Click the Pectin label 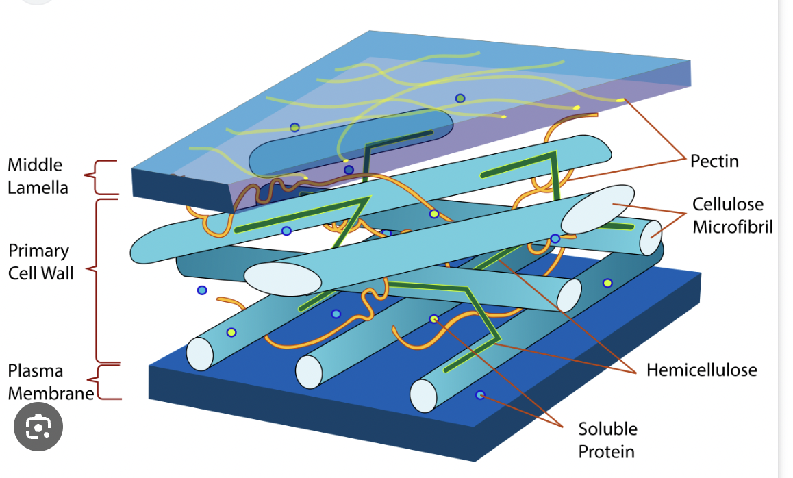pyautogui.click(x=714, y=161)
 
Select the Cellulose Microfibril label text pyautogui.click(x=732, y=215)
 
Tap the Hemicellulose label pyautogui.click(x=701, y=370)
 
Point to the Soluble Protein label pyautogui.click(x=607, y=440)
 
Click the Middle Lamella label pyautogui.click(x=38, y=175)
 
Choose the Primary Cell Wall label pyautogui.click(x=40, y=261)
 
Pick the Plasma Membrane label pyautogui.click(x=50, y=382)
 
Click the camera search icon pyautogui.click(x=38, y=427)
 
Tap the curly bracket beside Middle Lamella pyautogui.click(x=99, y=177)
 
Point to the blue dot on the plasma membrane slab pyautogui.click(x=480, y=395)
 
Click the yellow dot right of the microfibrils pyautogui.click(x=607, y=283)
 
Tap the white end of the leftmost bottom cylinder pyautogui.click(x=200, y=353)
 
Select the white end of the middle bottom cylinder pyautogui.click(x=309, y=371)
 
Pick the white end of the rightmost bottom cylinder pyautogui.click(x=423, y=395)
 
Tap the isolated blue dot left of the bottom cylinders pyautogui.click(x=202, y=290)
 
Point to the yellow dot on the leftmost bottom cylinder pyautogui.click(x=231, y=333)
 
